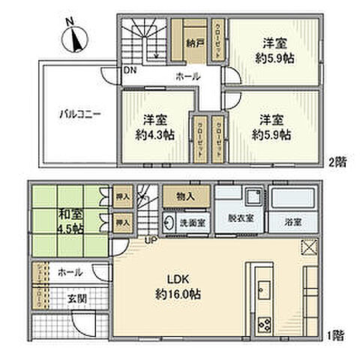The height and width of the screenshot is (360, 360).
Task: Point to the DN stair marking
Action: pos(130,70)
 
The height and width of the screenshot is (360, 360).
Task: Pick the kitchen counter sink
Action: pos(264,286)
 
